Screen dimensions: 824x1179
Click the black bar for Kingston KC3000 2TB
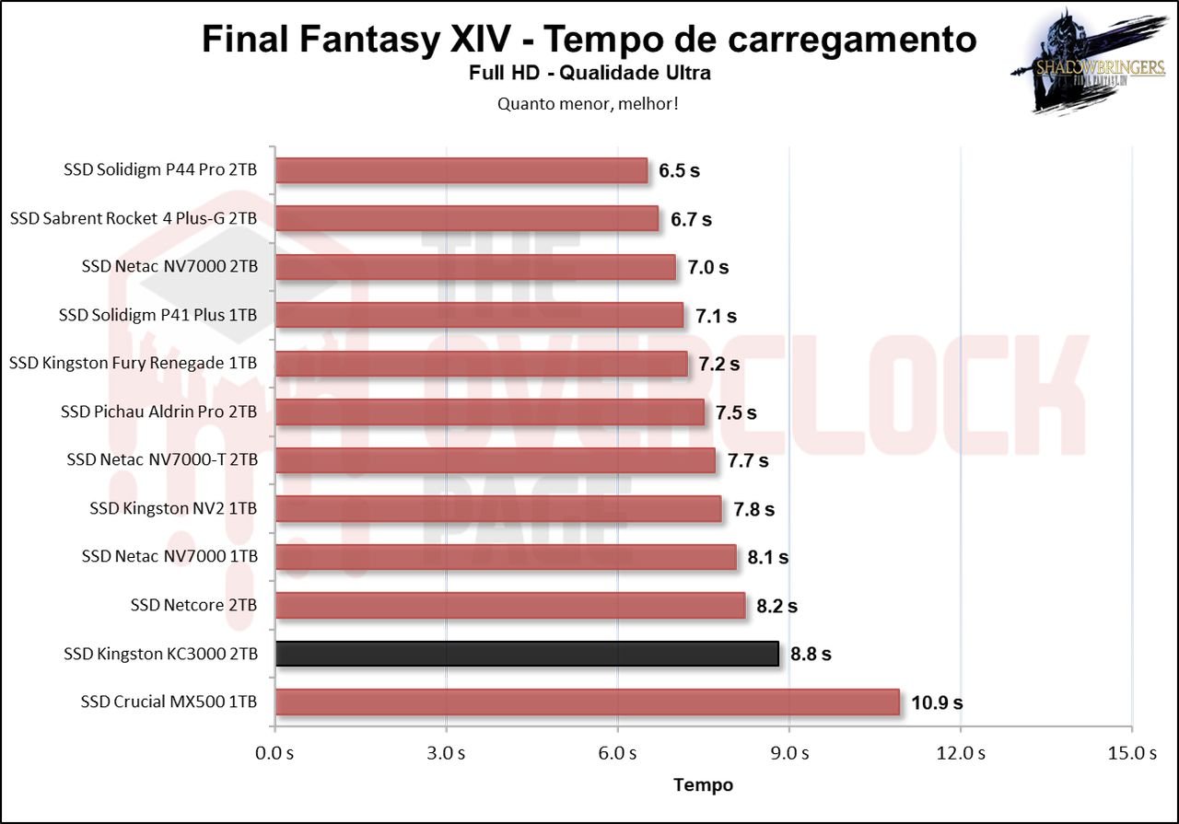click(x=527, y=654)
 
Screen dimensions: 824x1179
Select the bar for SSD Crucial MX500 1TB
click(x=587, y=702)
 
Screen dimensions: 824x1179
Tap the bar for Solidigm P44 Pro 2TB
click(x=461, y=170)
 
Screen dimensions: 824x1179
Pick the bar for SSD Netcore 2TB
click(x=509, y=606)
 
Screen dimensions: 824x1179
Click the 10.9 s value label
click(x=937, y=702)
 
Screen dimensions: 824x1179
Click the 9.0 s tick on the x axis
click(x=790, y=753)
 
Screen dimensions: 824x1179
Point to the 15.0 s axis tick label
click(x=1132, y=753)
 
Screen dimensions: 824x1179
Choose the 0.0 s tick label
click(x=274, y=753)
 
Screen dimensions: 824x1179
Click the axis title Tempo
click(x=704, y=785)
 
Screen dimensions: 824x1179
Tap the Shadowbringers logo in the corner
click(x=1087, y=64)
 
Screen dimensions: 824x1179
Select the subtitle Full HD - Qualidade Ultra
click(x=589, y=73)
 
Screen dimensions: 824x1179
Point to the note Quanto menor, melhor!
click(x=589, y=103)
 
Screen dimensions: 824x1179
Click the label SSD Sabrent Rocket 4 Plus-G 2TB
click(x=134, y=219)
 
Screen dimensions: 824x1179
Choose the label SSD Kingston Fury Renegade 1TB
click(x=133, y=364)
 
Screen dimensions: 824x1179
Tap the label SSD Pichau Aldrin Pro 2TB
click(x=158, y=412)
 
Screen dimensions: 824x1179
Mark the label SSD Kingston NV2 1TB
click(x=173, y=508)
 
